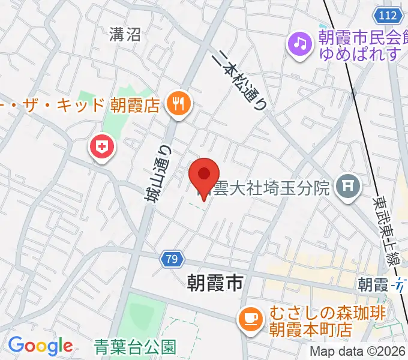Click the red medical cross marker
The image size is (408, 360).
[103, 146]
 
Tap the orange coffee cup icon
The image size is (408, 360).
[250, 318]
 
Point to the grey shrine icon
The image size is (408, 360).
[347, 188]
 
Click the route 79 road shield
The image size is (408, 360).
[172, 259]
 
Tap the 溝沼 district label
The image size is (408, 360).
[125, 35]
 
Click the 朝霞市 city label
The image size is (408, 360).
[214, 282]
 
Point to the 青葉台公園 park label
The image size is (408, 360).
[135, 346]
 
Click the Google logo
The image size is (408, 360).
[40, 346]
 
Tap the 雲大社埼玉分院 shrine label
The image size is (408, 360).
[274, 188]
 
